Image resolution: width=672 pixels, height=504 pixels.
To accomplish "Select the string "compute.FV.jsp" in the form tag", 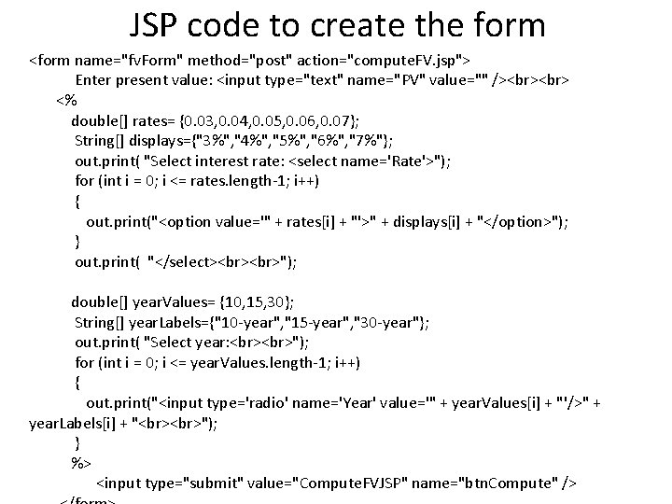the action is [x=402, y=61].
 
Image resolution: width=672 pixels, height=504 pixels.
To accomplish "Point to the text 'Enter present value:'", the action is [x=144, y=79].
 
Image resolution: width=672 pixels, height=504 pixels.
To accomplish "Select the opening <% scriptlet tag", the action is [x=66, y=99].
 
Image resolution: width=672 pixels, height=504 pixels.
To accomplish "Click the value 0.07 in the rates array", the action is [x=341, y=119].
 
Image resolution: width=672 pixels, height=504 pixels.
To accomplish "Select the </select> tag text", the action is [x=185, y=262].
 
